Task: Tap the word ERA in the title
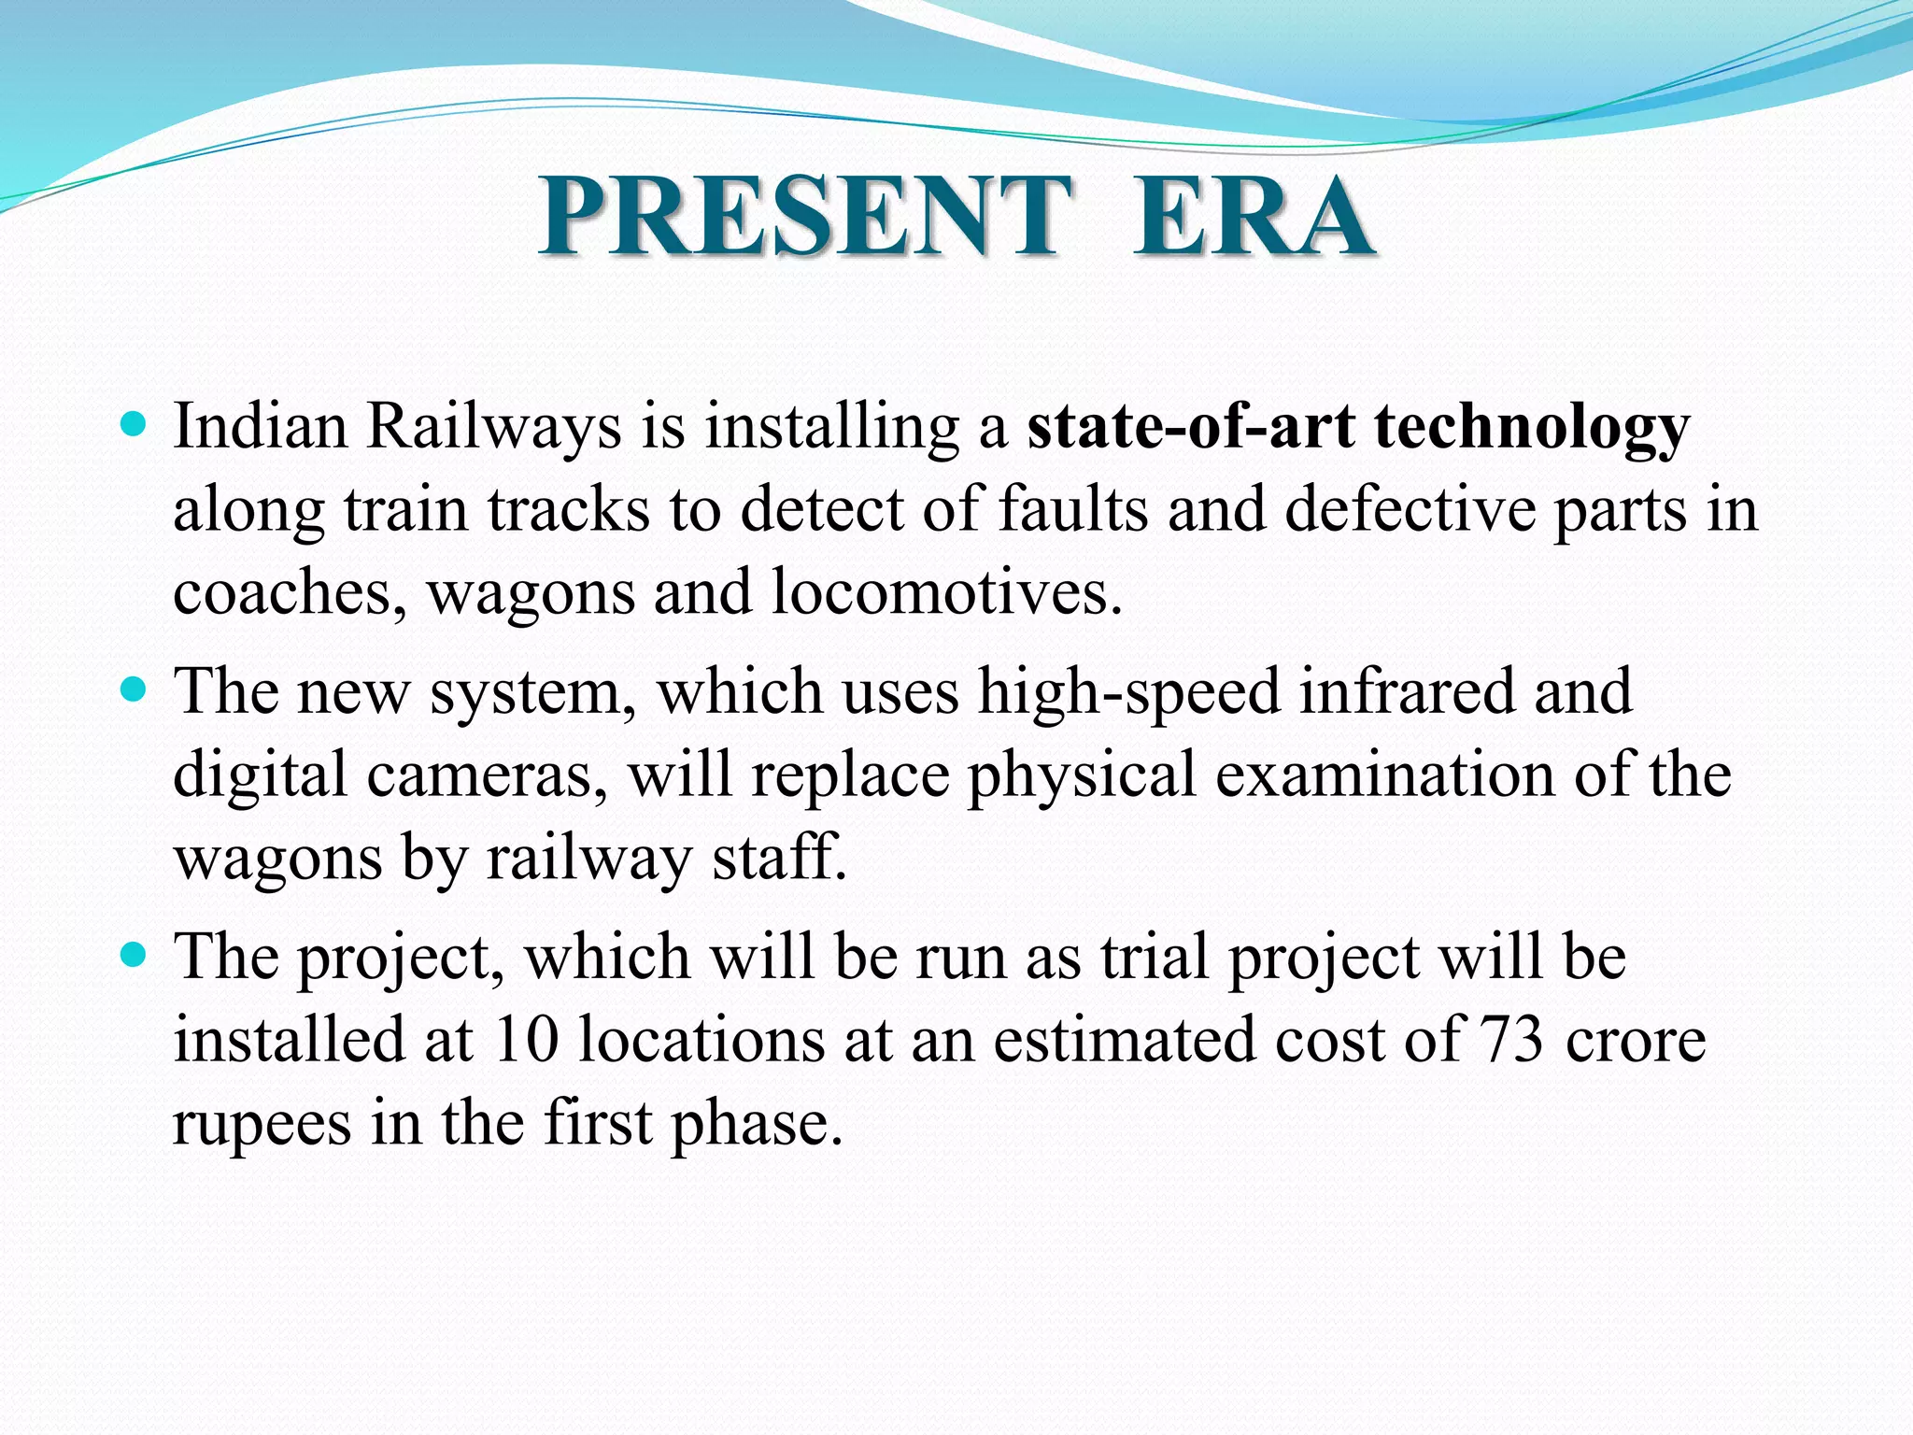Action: (x=1254, y=217)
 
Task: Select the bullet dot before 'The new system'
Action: (x=135, y=691)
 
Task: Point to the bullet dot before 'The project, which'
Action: (x=135, y=956)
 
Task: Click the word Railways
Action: (x=493, y=427)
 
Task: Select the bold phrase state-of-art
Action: (x=1191, y=427)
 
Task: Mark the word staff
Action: (x=777, y=857)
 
